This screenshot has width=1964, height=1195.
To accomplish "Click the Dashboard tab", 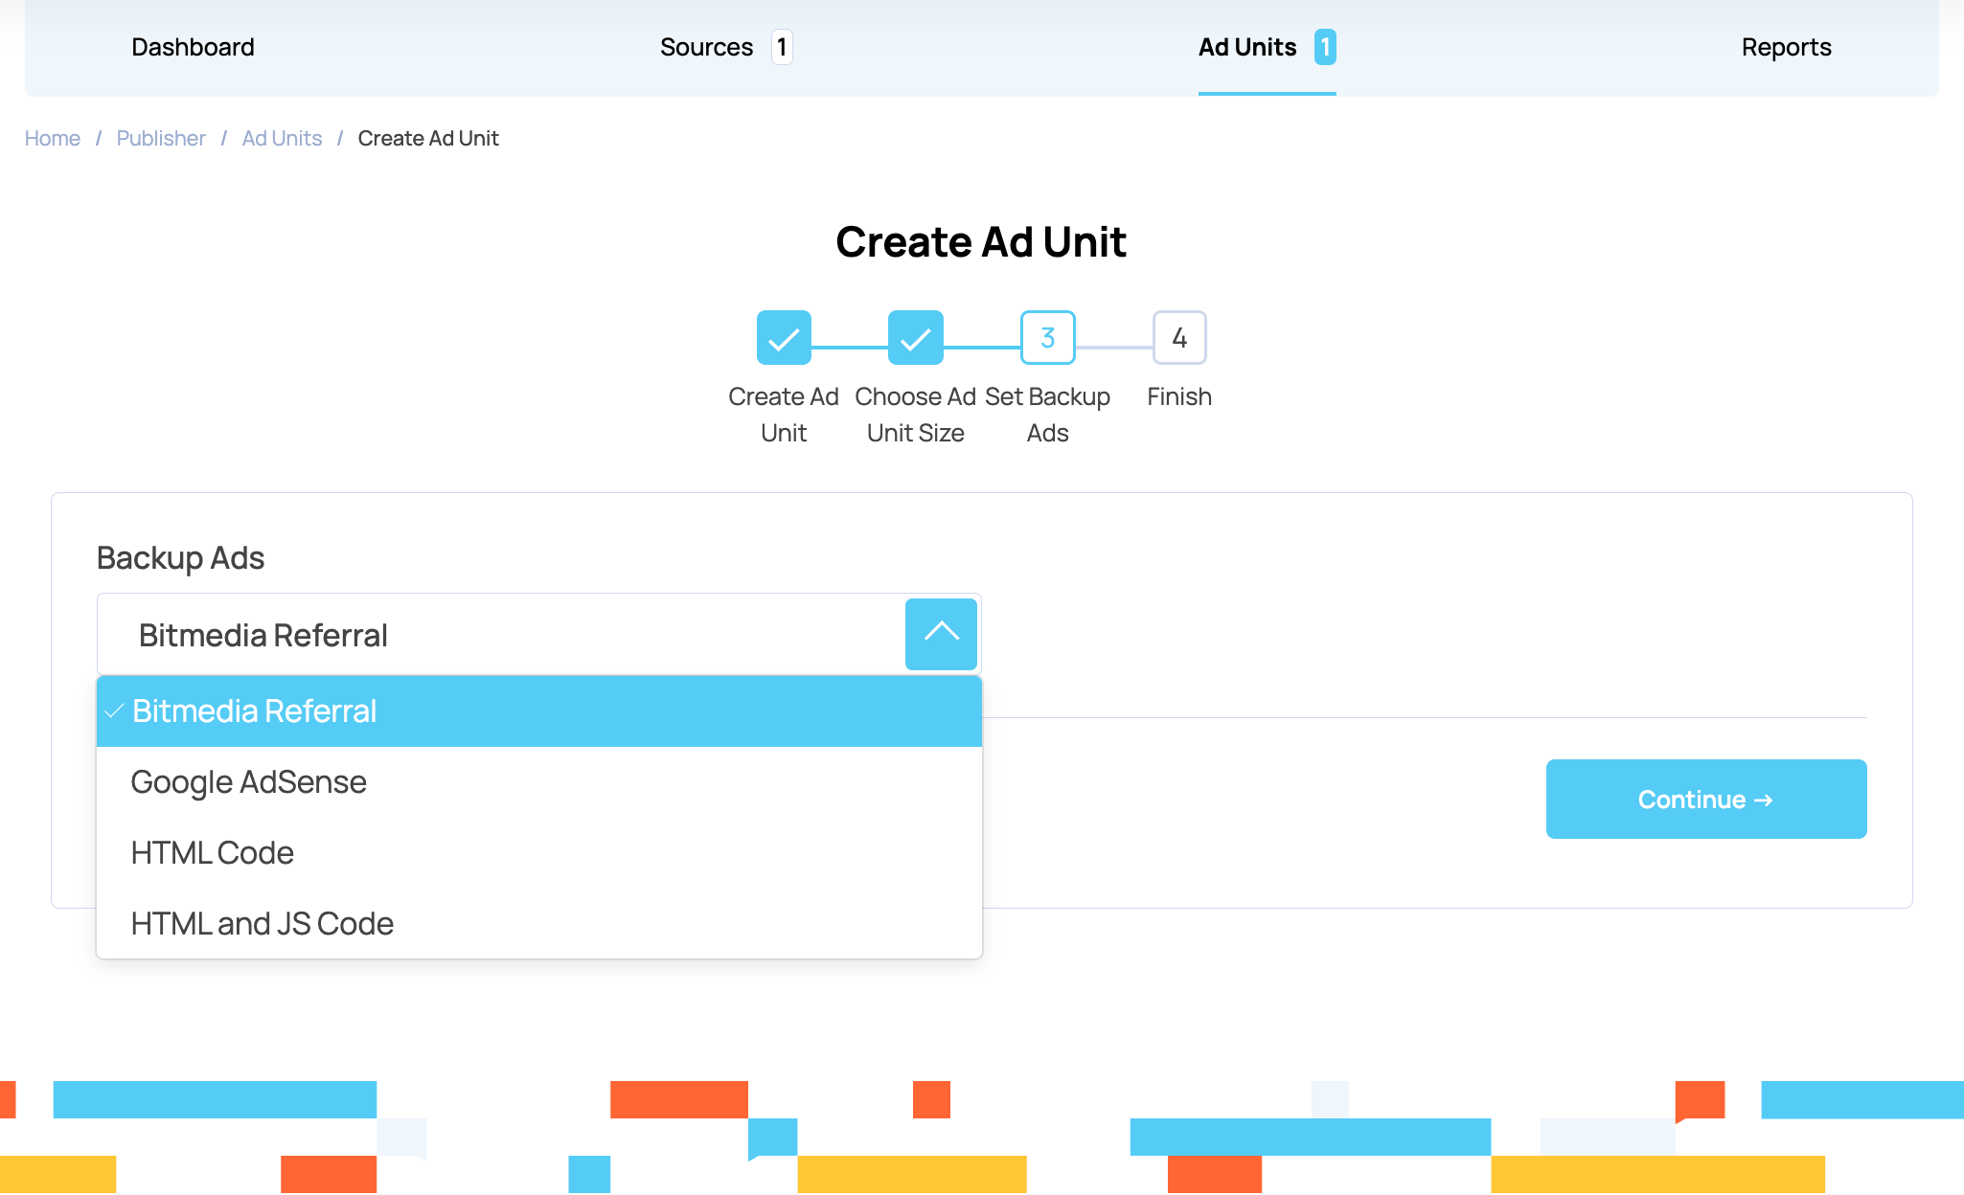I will tap(193, 47).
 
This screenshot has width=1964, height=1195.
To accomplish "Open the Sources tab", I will tap(706, 47).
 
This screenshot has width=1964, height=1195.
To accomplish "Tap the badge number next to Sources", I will tap(782, 47).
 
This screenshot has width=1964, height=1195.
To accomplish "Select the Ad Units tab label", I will tap(1246, 47).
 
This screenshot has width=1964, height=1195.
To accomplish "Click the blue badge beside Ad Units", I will tap(1325, 47).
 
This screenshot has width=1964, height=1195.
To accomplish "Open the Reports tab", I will tap(1786, 47).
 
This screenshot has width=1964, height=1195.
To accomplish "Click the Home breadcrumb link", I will tap(53, 138).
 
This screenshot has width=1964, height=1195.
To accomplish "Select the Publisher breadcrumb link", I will tap(161, 138).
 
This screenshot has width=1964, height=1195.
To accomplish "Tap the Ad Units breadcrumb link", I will tap(282, 138).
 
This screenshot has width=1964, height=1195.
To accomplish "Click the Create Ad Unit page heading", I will tap(980, 241).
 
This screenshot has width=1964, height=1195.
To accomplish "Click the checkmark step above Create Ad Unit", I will tap(784, 338).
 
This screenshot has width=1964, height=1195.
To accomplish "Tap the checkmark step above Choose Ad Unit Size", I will tap(915, 338).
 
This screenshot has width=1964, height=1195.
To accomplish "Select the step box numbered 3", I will tap(1047, 338).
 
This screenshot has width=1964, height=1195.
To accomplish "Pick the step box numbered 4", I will tap(1179, 338).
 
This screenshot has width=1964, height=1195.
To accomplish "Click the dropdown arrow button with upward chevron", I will tap(941, 634).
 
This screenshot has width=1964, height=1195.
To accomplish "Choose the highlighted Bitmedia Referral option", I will tap(254, 710).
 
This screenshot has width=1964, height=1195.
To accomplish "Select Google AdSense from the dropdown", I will tap(248, 781).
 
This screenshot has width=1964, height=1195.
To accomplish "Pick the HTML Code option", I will tap(212, 852).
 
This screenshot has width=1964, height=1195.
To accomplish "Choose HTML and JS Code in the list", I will tap(262, 923).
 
